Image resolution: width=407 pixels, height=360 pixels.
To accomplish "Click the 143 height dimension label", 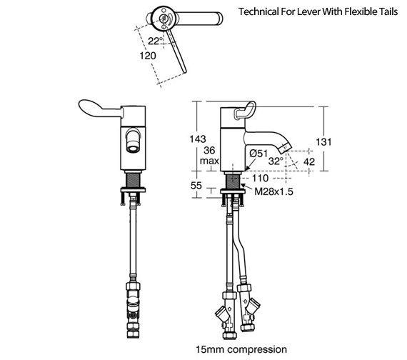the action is point(198,139).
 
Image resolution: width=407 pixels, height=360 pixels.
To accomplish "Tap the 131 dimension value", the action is point(323,142).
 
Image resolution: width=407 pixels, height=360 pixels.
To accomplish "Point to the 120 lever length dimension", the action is point(148,56).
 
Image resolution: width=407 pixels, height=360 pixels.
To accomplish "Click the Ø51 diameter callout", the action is point(258,154).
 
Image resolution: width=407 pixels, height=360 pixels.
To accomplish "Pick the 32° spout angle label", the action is point(276,161).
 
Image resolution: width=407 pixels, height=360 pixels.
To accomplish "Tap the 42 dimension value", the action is point(309,162).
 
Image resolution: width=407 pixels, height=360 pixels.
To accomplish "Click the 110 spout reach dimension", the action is point(260,178).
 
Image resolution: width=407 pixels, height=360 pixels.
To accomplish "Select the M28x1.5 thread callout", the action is point(273,191).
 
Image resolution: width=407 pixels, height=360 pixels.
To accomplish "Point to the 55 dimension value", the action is point(196,186).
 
